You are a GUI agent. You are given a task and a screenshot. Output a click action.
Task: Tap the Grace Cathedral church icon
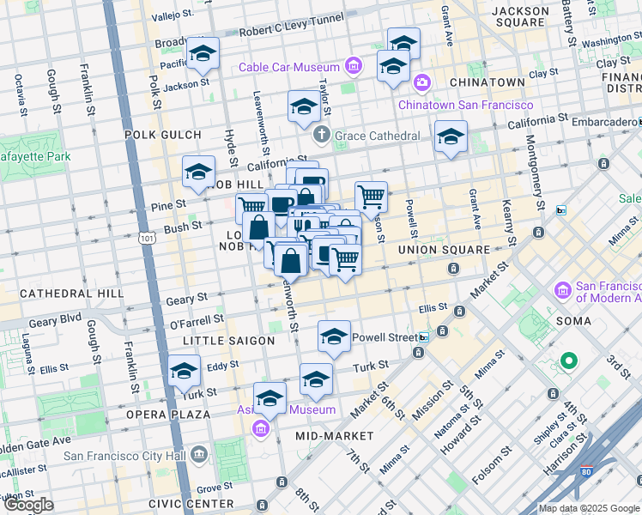(x=322, y=135)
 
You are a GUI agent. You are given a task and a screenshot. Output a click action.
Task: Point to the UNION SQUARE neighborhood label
(x=443, y=250)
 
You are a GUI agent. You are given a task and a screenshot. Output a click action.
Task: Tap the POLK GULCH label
(x=162, y=135)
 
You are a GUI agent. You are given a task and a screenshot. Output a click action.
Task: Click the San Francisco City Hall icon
(x=199, y=452)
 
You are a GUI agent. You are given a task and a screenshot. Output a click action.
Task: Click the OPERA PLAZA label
(x=169, y=415)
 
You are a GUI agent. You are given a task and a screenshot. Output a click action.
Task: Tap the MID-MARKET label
(x=335, y=436)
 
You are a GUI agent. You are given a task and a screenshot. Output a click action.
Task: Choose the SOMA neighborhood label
(x=572, y=321)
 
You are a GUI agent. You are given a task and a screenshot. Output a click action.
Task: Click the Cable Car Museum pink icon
(x=353, y=65)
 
